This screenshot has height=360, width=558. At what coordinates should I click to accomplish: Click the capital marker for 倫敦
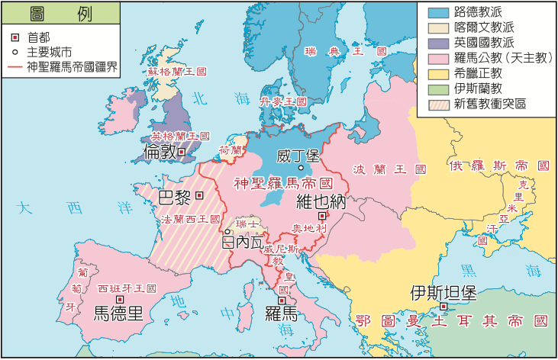click(182, 152)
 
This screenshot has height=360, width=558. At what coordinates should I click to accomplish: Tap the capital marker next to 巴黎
click(200, 195)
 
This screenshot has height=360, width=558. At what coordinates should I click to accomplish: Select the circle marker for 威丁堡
click(301, 167)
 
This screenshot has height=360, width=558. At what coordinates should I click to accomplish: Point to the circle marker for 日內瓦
click(227, 231)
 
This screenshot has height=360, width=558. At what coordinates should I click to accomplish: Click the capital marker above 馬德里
click(117, 300)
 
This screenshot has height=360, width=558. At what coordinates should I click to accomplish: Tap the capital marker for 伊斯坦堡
click(443, 307)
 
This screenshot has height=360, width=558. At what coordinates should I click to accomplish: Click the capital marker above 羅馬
click(282, 301)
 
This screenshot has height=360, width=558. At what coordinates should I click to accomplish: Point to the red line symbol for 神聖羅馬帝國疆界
click(15, 66)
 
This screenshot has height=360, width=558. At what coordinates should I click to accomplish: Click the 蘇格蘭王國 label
click(177, 71)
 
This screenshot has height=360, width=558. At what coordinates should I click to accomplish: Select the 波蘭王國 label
click(377, 169)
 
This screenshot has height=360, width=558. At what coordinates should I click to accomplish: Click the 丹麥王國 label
click(282, 101)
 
